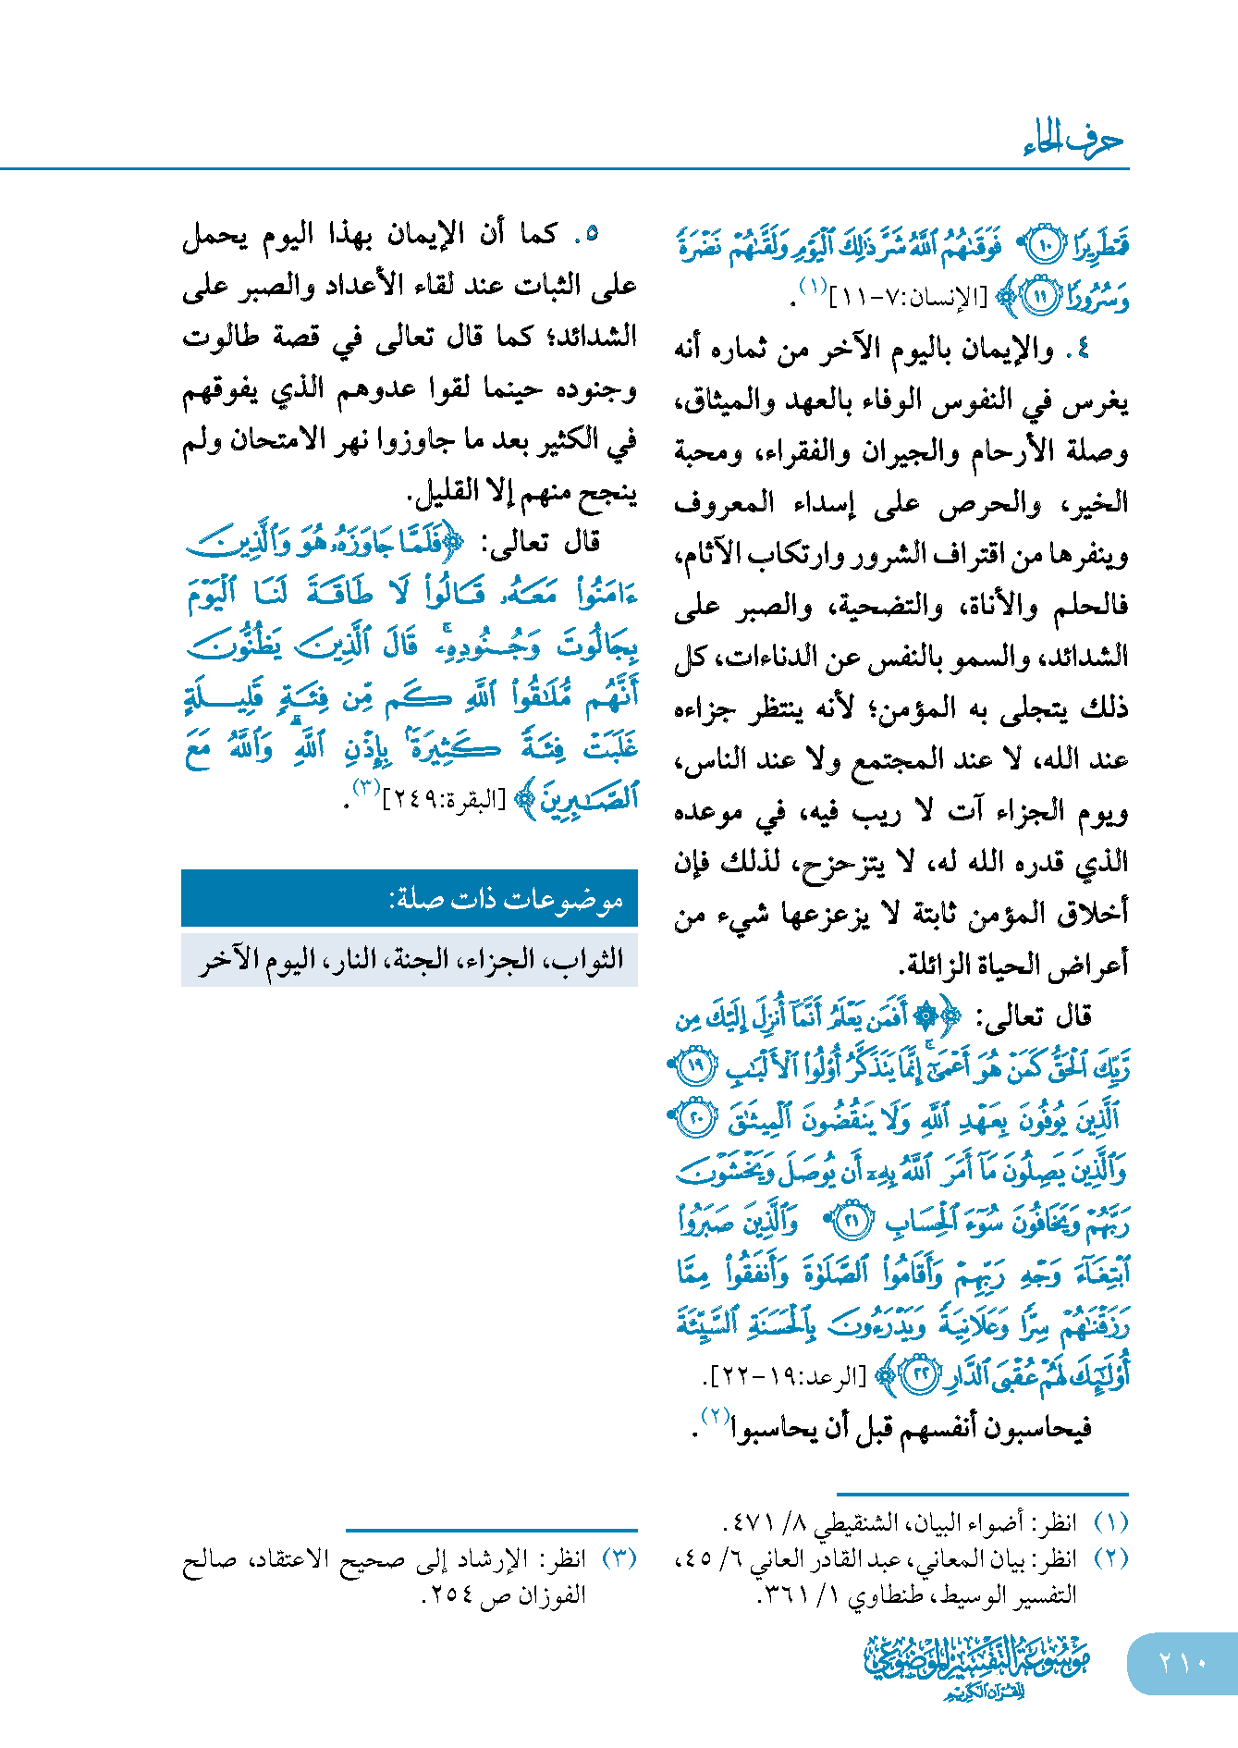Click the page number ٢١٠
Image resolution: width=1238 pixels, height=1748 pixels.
pyautogui.click(x=1183, y=1662)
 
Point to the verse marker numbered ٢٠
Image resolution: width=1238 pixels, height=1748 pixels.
pyautogui.click(x=694, y=1120)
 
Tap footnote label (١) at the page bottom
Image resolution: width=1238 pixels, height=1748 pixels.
pyautogui.click(x=1110, y=1520)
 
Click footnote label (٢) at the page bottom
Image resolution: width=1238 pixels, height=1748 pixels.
pyautogui.click(x=1110, y=1557)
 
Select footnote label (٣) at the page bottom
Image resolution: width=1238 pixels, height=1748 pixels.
pyautogui.click(x=619, y=1557)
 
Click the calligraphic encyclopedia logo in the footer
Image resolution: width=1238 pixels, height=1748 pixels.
pyautogui.click(x=976, y=1665)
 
